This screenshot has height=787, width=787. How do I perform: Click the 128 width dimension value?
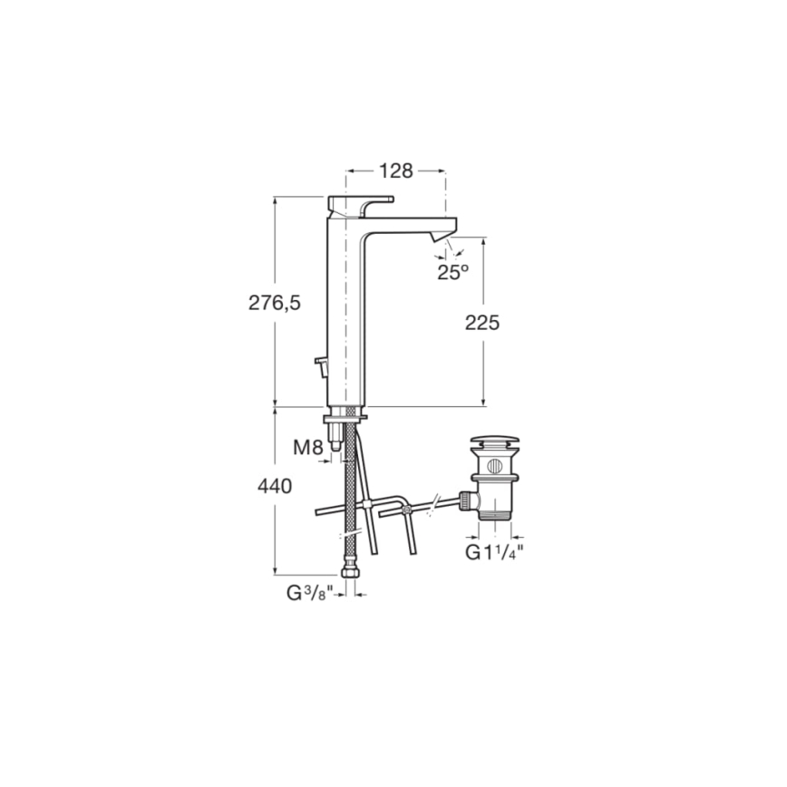pyautogui.click(x=395, y=170)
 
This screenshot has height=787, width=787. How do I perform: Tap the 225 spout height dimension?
pyautogui.click(x=481, y=323)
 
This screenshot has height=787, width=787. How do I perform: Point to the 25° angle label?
pyautogui.click(x=452, y=271)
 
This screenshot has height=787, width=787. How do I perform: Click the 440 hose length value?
pyautogui.click(x=274, y=487)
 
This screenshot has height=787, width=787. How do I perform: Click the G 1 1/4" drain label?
pyautogui.click(x=495, y=551)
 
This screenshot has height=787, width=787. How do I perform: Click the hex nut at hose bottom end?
pyautogui.click(x=348, y=572)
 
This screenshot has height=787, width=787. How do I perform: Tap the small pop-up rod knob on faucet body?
pyautogui.click(x=320, y=366)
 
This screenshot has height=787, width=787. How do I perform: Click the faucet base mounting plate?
pyautogui.click(x=345, y=415)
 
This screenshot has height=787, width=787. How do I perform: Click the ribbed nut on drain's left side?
pyautogui.click(x=466, y=500)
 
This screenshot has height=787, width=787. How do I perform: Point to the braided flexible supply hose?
pyautogui.click(x=347, y=490)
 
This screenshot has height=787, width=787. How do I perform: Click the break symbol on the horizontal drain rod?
pyautogui.click(x=439, y=502)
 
